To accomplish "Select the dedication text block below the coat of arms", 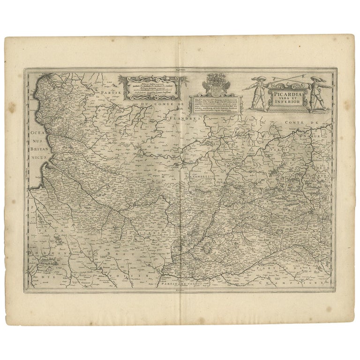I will click(216, 105).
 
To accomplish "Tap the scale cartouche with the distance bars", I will click(154, 87).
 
